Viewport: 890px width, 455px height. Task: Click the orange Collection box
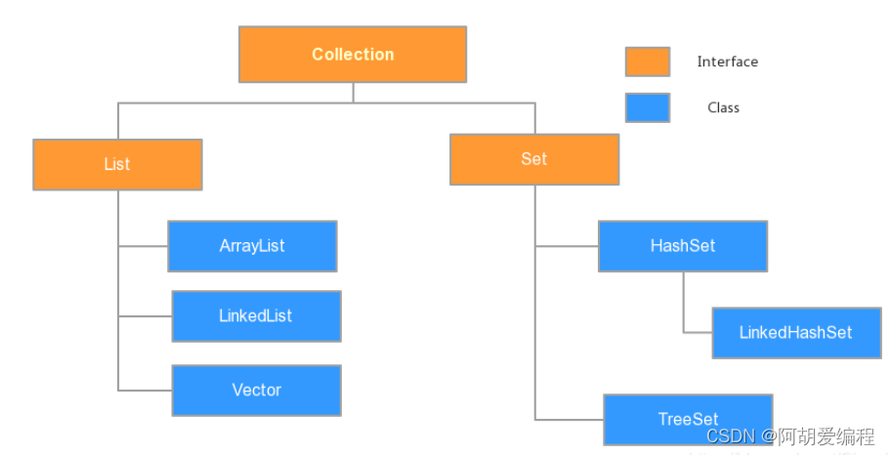(353, 55)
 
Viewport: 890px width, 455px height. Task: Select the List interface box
(117, 164)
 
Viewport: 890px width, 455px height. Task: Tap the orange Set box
(533, 159)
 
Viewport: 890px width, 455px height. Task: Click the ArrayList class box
(252, 246)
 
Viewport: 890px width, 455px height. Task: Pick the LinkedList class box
(256, 316)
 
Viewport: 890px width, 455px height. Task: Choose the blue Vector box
(256, 391)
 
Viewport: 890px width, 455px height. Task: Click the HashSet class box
(682, 246)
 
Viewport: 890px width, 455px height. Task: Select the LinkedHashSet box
(795, 333)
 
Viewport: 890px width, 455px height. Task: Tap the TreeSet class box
(688, 419)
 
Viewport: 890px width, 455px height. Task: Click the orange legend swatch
(647, 62)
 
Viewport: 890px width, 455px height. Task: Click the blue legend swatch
(647, 107)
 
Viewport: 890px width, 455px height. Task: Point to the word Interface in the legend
(727, 62)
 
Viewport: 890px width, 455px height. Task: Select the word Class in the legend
(723, 107)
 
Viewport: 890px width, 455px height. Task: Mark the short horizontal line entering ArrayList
(143, 246)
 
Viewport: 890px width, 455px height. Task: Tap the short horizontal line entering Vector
(145, 391)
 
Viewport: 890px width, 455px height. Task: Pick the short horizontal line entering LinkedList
(145, 316)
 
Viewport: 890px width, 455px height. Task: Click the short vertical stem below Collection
(354, 92)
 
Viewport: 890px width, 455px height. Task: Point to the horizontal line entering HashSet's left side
(567, 246)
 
